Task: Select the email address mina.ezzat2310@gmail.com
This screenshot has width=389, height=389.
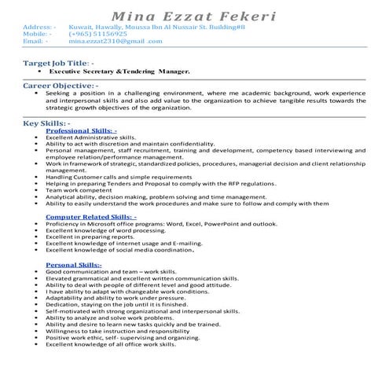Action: [116, 41]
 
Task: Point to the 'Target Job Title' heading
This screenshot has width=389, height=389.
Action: [60, 61]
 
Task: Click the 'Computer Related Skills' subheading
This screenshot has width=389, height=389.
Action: [91, 216]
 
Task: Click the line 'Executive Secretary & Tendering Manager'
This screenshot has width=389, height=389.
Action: [126, 70]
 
